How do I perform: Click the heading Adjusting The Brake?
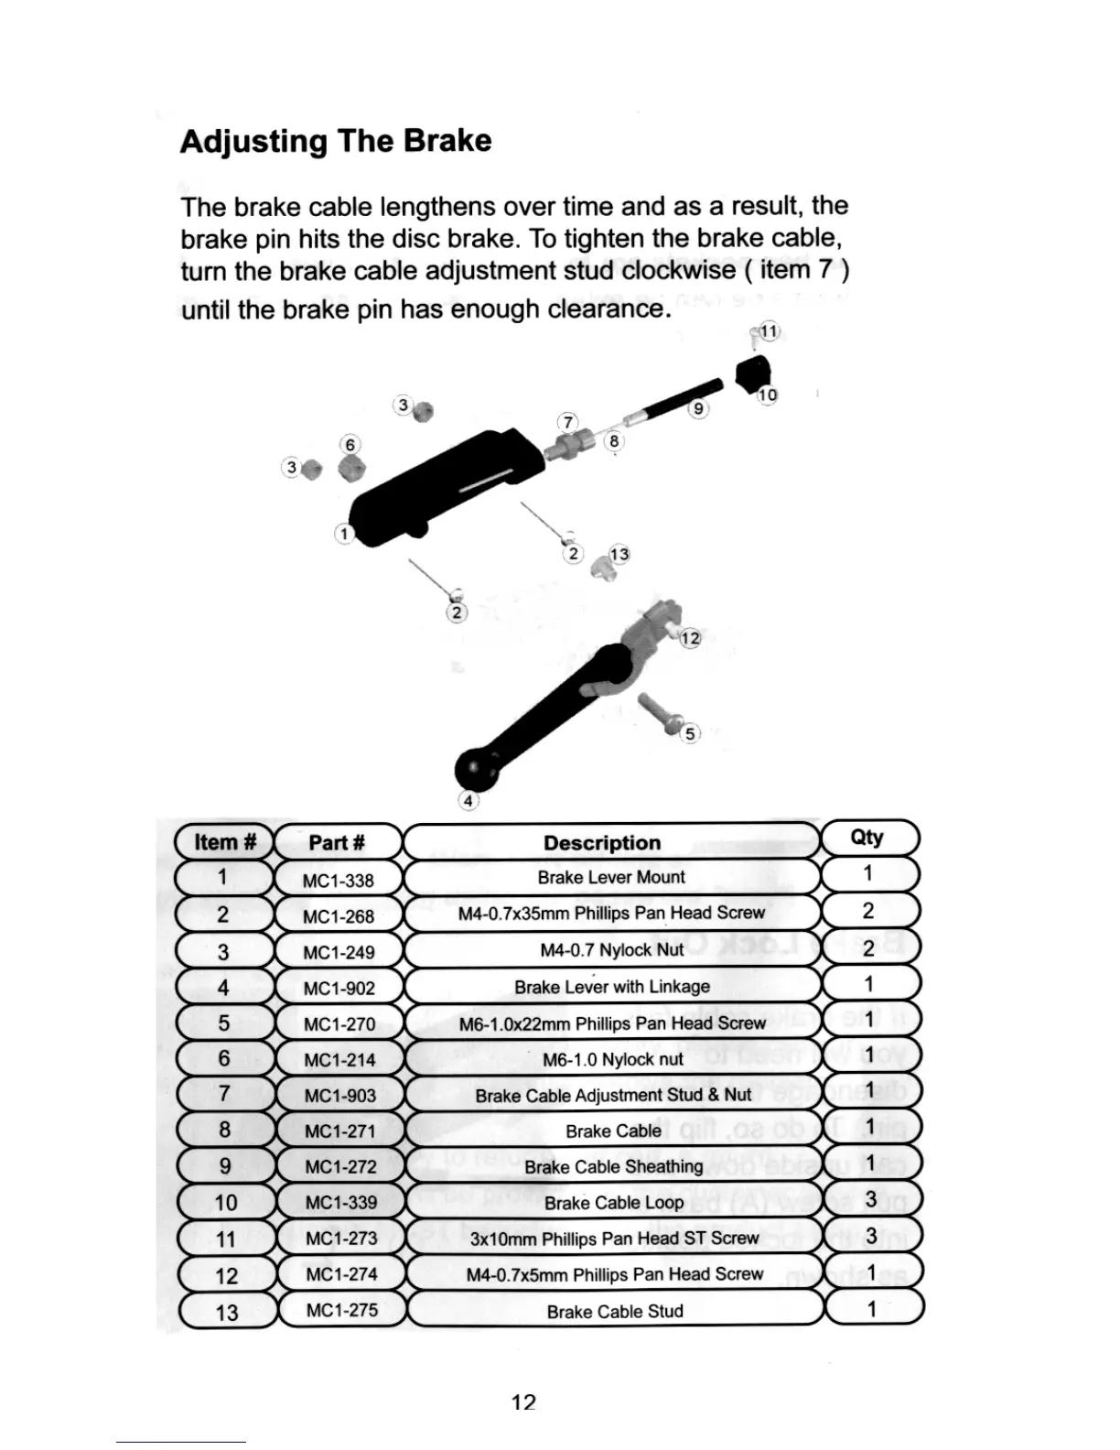click(336, 142)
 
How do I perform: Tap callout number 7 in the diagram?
click(568, 422)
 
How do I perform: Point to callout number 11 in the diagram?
click(769, 331)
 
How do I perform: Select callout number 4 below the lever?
click(468, 801)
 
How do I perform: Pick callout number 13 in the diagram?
click(619, 555)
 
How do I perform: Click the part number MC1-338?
click(338, 881)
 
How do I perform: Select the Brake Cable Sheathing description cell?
click(613, 1167)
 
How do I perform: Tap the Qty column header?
click(867, 838)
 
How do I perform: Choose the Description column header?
click(602, 843)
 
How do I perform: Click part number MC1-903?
click(339, 1096)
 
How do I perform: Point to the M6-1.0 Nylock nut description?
click(612, 1059)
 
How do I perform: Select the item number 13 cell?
click(226, 1312)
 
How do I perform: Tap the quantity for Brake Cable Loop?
click(870, 1199)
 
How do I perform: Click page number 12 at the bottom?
click(523, 1401)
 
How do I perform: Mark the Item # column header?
click(224, 842)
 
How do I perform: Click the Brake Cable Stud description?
click(615, 1312)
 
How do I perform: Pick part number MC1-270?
click(339, 1024)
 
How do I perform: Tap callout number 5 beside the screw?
click(690, 733)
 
